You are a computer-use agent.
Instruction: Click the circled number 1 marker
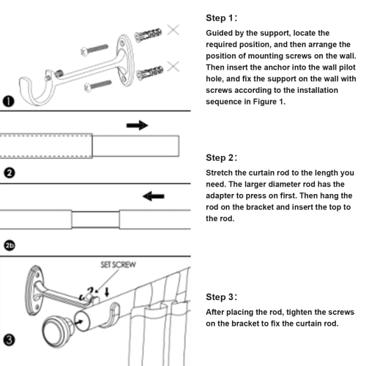9,102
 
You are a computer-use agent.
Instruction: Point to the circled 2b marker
10,245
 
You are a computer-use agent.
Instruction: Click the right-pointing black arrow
137,125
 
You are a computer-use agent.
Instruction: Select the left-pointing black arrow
153,196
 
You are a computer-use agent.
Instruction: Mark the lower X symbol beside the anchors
173,67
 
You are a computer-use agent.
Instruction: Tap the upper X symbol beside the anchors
173,30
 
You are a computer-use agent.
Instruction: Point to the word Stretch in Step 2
223,173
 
